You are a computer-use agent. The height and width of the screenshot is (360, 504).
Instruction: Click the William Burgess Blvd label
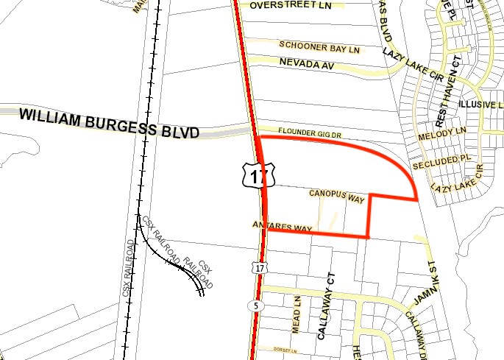pos(110,124)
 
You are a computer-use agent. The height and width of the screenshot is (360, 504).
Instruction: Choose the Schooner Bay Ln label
pos(321,48)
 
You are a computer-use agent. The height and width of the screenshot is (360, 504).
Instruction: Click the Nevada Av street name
pos(312,65)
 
